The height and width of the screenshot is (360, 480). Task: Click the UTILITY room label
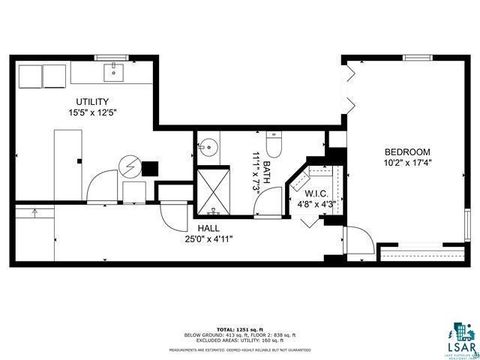(x=93, y=102)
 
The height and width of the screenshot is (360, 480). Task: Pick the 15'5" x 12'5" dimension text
(x=93, y=113)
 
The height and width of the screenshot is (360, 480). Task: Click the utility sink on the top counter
(x=113, y=70)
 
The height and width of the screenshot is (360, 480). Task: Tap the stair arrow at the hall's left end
(x=34, y=211)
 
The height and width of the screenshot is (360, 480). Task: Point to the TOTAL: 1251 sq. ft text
(x=239, y=327)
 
